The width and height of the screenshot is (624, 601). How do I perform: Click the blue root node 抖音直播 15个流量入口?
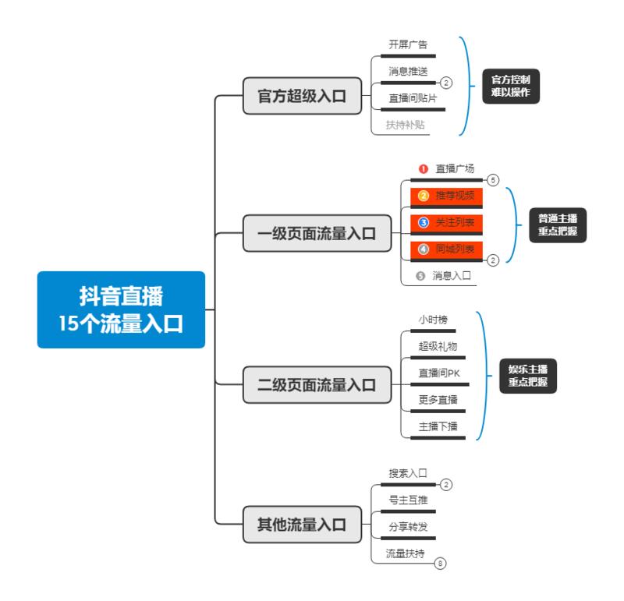121,309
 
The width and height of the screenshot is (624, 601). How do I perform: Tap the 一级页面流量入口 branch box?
317,232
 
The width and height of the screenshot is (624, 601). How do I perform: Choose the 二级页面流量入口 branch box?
317,384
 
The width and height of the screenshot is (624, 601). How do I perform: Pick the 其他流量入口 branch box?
303,523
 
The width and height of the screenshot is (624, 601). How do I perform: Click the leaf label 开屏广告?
408,44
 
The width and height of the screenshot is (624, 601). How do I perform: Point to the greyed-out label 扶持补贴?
406,124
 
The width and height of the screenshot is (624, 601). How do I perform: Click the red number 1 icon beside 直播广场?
423,168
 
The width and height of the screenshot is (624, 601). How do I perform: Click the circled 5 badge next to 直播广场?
493,179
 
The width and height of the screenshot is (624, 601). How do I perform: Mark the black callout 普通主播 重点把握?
558,224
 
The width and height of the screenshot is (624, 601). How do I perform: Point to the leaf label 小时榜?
433,320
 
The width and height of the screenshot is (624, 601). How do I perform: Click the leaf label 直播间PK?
439,373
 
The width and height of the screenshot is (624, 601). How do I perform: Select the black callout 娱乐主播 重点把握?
528,375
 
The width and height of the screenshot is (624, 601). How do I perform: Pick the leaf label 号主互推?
408,500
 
